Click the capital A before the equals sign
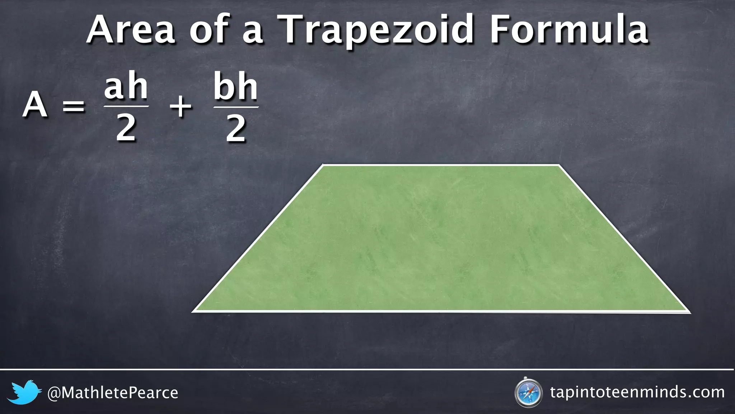[x=35, y=105]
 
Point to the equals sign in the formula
[x=74, y=106]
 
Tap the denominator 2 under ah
[x=126, y=129]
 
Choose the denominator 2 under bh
[x=236, y=129]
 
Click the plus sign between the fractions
[x=181, y=107]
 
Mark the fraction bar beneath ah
[x=126, y=106]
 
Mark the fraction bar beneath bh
[x=236, y=107]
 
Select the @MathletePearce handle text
[x=113, y=393]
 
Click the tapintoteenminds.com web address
[x=637, y=392]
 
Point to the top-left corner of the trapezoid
[x=323, y=165]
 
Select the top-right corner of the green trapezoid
[x=559, y=165]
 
